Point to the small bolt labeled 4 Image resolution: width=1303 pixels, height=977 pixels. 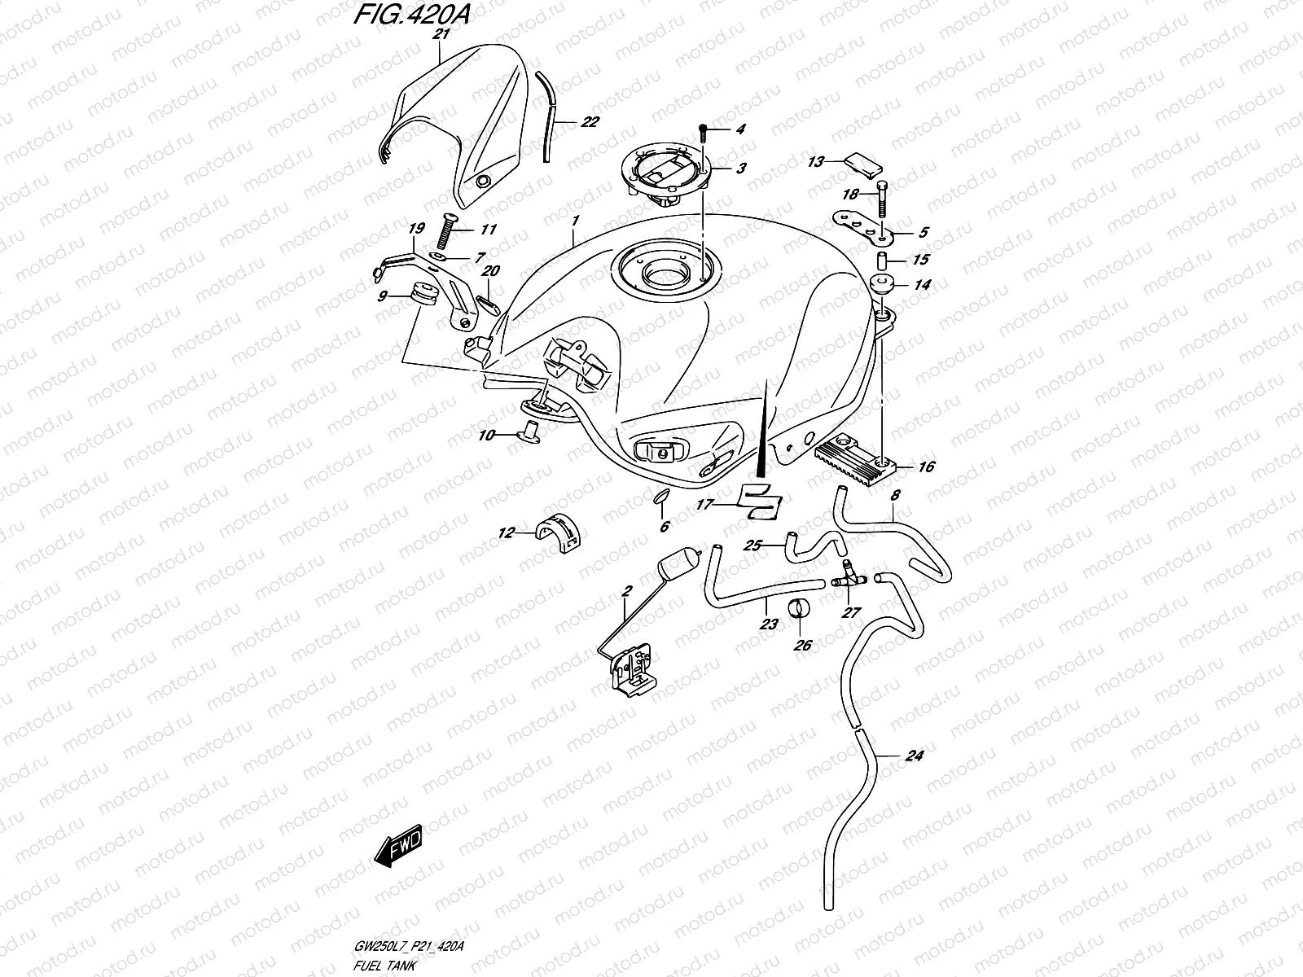coord(704,129)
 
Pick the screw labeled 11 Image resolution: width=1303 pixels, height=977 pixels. coord(446,232)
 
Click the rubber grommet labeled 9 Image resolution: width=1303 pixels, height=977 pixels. coord(421,294)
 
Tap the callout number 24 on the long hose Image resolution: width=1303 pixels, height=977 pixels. coord(914,756)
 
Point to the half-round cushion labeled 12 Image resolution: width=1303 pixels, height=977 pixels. coord(560,532)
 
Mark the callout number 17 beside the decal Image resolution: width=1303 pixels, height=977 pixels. coord(704,505)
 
